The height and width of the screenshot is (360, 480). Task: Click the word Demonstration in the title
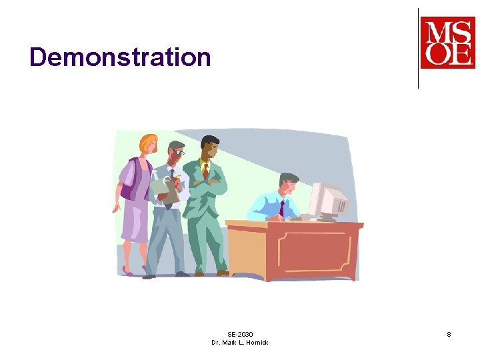[120, 57]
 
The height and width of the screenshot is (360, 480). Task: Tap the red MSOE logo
[447, 43]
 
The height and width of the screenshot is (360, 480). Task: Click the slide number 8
[449, 334]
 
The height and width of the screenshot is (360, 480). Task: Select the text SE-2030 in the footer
[240, 334]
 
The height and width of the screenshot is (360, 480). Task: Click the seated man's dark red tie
[281, 209]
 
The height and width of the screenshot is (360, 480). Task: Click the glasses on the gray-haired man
[179, 153]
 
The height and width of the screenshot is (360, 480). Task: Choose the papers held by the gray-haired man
[165, 189]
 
